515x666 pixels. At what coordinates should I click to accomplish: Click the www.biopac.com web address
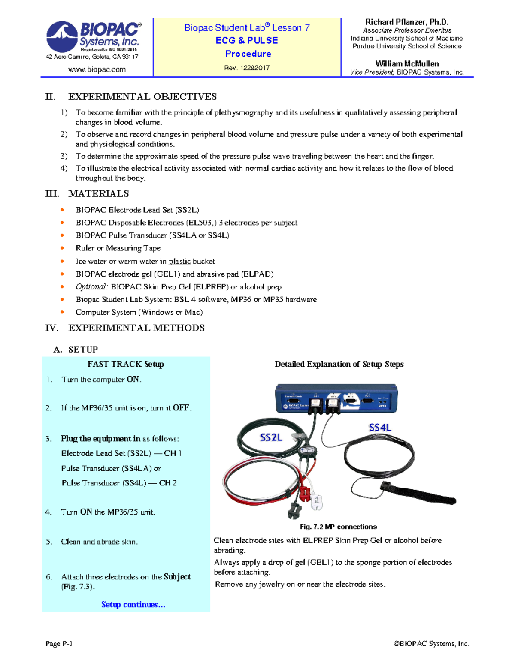coord(97,69)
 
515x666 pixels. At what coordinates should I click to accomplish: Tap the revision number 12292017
coord(255,68)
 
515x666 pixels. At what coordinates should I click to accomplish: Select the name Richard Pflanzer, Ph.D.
coord(406,22)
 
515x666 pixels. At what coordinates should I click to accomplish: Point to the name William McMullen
coord(407,64)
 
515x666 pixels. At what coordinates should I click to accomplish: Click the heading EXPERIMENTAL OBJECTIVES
coord(142,97)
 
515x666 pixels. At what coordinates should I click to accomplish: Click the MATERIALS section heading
coord(98,194)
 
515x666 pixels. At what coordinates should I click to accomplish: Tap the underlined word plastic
coord(179,262)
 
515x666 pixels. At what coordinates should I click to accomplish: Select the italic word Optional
coord(91,287)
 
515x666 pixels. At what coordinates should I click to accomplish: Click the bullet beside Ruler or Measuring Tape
coord(62,248)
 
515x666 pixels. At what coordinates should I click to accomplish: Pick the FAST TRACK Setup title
coord(125,364)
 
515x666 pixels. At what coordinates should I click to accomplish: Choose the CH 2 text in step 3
coord(168,483)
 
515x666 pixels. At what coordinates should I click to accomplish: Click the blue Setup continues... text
coord(133,605)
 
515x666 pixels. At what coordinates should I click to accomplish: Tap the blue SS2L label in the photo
coord(271,437)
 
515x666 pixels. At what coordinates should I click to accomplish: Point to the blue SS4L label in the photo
coord(380,428)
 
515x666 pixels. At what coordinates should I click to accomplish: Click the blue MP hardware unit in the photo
coord(336,399)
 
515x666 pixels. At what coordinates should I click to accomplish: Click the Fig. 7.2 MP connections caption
coord(338,527)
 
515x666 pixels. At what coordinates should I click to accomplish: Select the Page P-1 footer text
coord(59,644)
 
